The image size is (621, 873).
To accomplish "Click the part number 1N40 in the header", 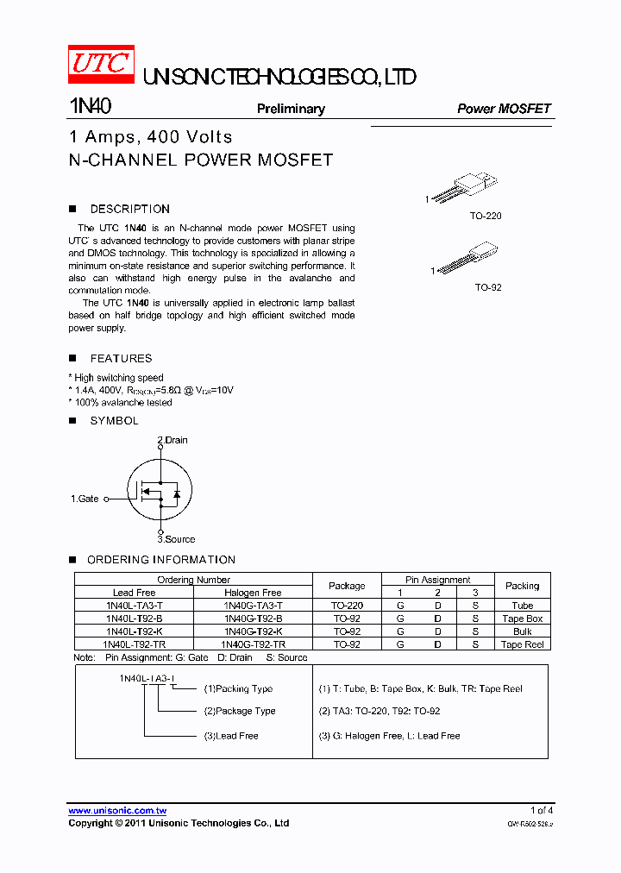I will point(90,107).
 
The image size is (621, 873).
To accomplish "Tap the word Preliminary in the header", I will point(291,109).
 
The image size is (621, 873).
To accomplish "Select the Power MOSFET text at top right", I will point(504,109).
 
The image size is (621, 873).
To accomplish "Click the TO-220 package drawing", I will point(465,187).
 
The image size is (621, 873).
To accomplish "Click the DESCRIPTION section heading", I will point(129,209).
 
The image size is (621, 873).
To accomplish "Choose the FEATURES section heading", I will point(121,358).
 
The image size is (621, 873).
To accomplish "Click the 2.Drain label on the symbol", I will point(172,440).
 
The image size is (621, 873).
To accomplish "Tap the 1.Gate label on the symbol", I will point(85,499).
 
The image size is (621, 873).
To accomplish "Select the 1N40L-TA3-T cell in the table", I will point(134,606).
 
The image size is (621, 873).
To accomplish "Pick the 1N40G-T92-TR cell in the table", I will point(253,644).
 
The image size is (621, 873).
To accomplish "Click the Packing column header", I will point(522,586).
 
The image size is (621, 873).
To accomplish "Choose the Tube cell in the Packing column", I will point(522,606).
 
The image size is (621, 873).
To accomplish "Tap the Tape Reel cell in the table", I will point(522,644).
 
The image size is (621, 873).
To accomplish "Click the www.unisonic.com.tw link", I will point(117,810).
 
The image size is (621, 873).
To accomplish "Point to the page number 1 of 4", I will point(541,810).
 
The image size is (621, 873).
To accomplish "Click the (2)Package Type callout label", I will point(240,711).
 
